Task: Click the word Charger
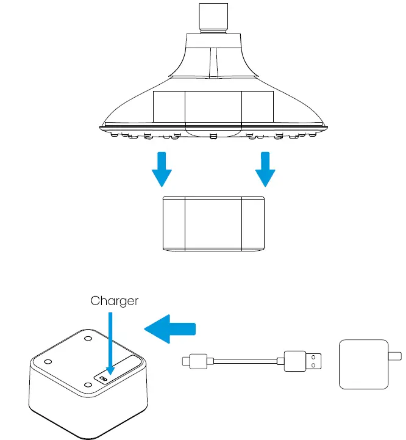click(114, 300)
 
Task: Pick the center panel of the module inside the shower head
click(213, 107)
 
